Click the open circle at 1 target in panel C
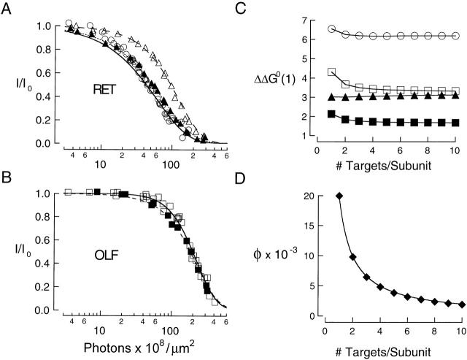click(x=332, y=28)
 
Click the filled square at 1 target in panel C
click(x=332, y=114)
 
